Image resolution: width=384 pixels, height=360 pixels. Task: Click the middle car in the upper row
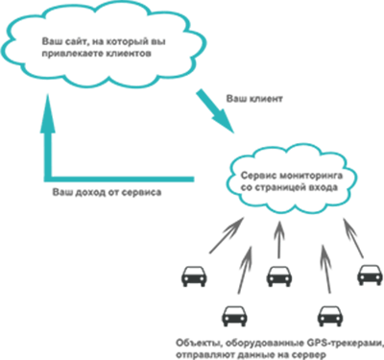pyautogui.click(x=278, y=276)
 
